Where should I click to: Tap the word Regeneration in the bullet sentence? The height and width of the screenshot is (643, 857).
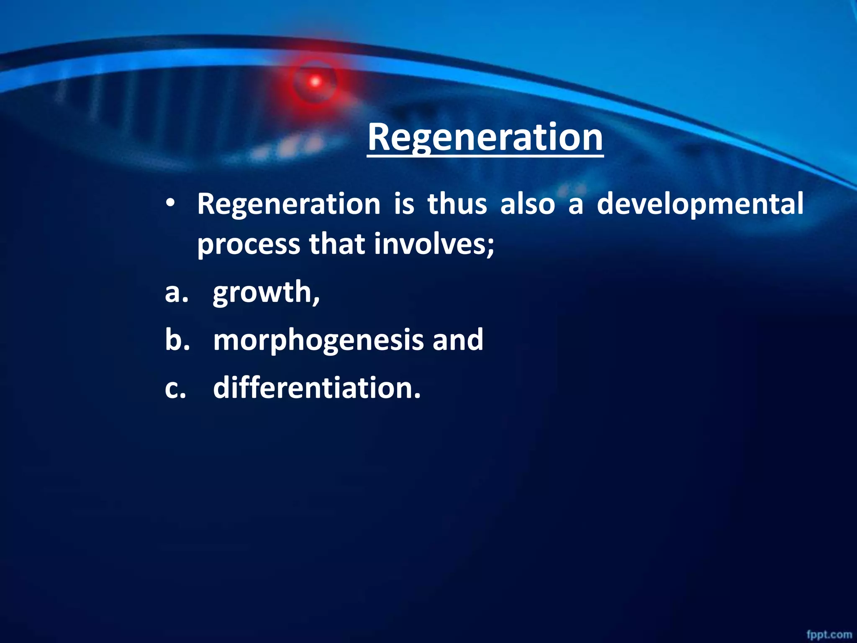click(289, 204)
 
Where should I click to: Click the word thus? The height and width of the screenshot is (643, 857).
click(457, 204)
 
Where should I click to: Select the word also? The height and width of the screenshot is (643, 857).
click(527, 204)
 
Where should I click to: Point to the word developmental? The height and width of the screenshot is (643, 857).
click(700, 204)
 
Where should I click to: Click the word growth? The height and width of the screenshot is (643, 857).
click(266, 293)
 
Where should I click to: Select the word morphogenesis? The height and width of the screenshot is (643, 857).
click(318, 340)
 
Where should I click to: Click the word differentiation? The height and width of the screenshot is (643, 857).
click(316, 388)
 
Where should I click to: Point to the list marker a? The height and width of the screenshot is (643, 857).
click(176, 293)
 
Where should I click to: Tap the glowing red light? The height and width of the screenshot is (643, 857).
click(315, 82)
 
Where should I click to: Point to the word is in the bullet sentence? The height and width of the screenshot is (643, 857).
click(404, 204)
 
